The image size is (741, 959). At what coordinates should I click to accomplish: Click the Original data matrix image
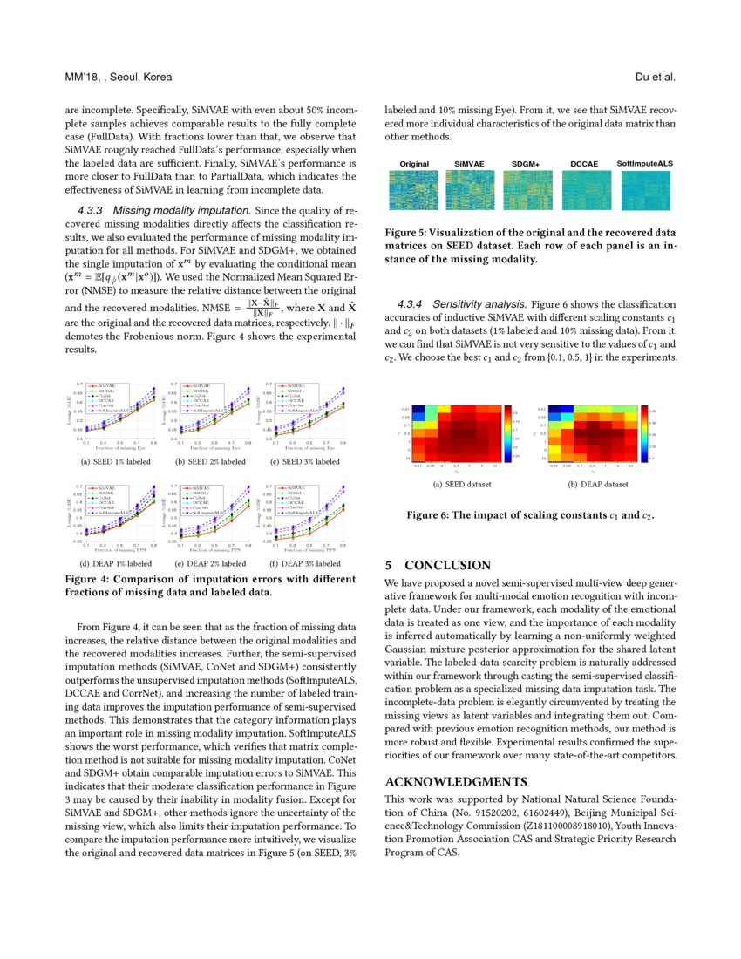[x=414, y=189]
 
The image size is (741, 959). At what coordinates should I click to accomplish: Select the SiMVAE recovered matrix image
[x=470, y=189]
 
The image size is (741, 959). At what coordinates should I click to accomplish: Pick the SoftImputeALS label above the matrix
[x=644, y=164]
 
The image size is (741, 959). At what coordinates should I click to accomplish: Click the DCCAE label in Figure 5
[x=586, y=164]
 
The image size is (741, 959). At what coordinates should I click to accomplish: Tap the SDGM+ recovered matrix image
[x=527, y=189]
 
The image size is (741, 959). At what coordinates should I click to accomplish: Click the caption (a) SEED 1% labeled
[x=115, y=461]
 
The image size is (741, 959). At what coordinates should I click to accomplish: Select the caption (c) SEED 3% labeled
[x=305, y=461]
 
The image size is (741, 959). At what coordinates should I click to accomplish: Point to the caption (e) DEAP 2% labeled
[x=210, y=563]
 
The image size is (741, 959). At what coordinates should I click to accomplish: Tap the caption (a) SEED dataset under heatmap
[x=461, y=484]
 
